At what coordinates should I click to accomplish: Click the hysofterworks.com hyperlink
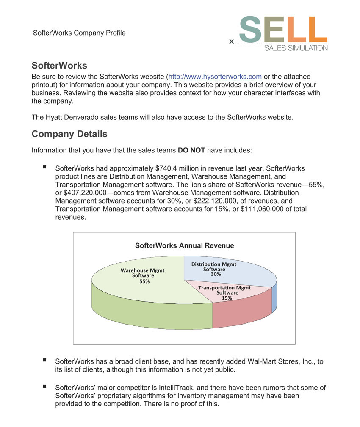(x=215, y=77)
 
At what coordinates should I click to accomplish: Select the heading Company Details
(x=69, y=134)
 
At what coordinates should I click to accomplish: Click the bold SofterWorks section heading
(x=59, y=66)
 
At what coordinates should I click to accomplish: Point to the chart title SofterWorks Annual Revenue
(x=184, y=245)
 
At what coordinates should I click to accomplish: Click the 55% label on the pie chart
(x=144, y=281)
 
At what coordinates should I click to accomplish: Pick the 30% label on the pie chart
(x=216, y=274)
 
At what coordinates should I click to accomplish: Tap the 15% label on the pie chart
(x=227, y=298)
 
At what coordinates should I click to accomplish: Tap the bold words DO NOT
(x=191, y=150)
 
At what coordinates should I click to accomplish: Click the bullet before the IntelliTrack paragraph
(x=44, y=386)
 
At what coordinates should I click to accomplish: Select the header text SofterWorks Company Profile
(x=79, y=33)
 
